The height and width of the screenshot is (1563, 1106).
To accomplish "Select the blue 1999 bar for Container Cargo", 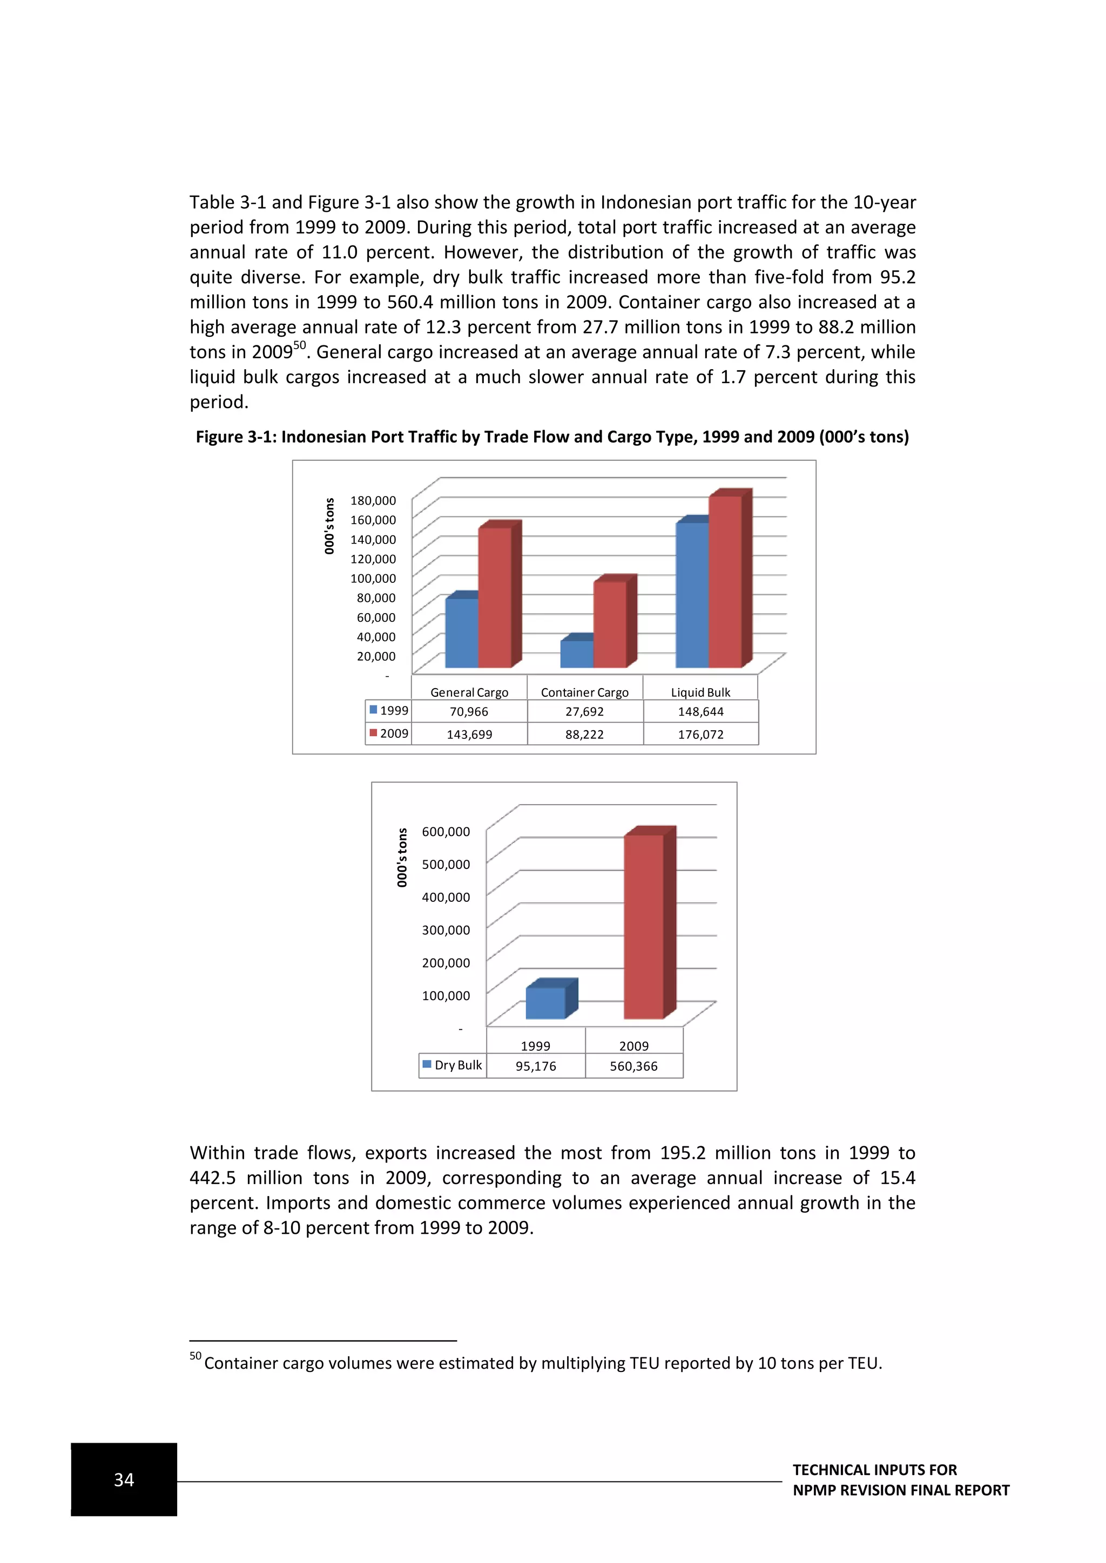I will pos(577,654).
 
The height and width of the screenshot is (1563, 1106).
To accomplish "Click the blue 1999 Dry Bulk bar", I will pos(545,1003).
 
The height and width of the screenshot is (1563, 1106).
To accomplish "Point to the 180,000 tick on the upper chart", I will pos(373,500).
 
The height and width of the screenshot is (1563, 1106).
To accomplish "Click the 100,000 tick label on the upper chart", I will pos(373,578).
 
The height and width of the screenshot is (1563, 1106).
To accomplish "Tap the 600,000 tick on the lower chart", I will pos(446,831).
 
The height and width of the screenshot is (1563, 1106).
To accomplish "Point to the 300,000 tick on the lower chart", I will pos(446,930).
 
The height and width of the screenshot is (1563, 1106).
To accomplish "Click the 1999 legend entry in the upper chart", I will pos(388,710).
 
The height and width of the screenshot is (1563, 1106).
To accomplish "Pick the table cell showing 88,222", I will pos(584,734).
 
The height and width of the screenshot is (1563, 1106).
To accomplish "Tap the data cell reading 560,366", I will pos(633,1066).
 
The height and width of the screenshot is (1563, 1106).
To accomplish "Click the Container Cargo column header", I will pos(584,692).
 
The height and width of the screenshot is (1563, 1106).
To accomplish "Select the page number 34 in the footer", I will pos(124,1479).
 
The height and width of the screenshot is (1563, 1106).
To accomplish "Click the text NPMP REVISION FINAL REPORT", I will pos(900,1490).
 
